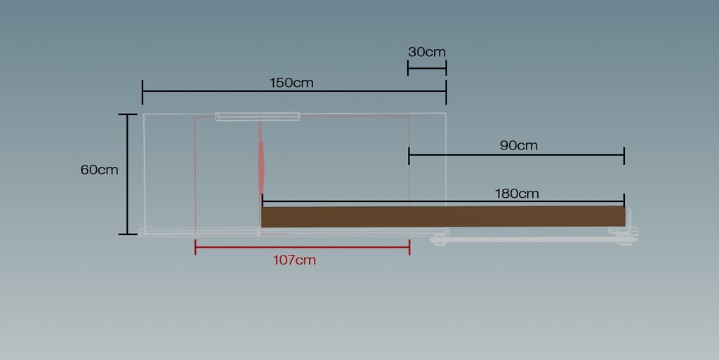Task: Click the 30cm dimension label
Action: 426,52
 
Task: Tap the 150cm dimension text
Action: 291,83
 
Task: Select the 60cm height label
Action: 99,170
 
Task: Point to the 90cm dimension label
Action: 518,146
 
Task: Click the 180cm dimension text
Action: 516,194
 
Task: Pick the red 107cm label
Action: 294,260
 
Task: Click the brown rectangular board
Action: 443,216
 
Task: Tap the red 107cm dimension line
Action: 302,247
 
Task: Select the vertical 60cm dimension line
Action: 128,174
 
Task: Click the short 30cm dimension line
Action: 427,68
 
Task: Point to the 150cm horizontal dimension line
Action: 294,91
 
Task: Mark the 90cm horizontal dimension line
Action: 516,155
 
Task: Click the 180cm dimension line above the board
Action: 443,201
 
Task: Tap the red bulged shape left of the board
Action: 261,168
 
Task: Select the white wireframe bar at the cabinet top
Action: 258,116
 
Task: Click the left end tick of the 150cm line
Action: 143,92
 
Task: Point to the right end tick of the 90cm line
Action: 624,156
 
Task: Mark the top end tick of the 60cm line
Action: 128,114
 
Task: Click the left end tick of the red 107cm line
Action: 195,247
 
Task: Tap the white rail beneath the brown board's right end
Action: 534,239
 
